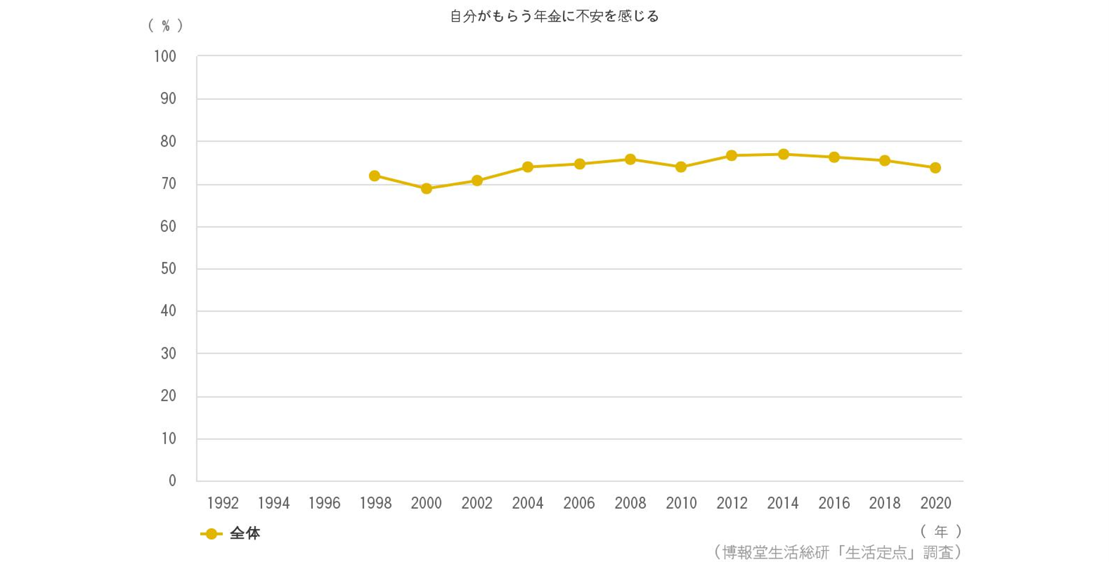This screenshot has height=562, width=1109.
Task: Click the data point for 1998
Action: tap(374, 176)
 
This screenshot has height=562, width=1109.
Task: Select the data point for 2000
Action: tap(426, 189)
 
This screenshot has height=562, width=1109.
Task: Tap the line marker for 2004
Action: tap(528, 167)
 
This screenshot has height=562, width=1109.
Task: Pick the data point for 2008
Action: tap(630, 160)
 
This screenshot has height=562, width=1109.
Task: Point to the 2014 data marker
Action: tap(784, 154)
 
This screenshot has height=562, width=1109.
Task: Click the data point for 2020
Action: tap(936, 168)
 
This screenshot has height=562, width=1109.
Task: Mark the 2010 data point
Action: tap(681, 167)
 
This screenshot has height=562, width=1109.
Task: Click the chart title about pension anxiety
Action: tap(554, 16)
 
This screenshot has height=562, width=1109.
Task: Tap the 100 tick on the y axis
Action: tap(165, 57)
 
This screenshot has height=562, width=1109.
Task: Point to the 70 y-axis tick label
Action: tap(168, 184)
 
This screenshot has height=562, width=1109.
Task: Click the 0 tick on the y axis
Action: tap(172, 481)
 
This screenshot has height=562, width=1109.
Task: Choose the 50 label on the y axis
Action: tap(168, 268)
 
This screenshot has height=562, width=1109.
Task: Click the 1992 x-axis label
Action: tap(223, 503)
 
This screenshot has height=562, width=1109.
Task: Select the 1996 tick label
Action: tap(324, 503)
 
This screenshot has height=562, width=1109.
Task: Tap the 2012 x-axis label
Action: tap(732, 503)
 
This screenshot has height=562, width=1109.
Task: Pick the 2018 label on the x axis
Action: tap(885, 503)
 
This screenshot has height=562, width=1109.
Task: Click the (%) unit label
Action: tap(166, 26)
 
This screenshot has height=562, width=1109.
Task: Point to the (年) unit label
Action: tap(941, 531)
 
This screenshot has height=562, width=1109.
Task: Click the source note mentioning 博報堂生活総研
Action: tap(837, 552)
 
